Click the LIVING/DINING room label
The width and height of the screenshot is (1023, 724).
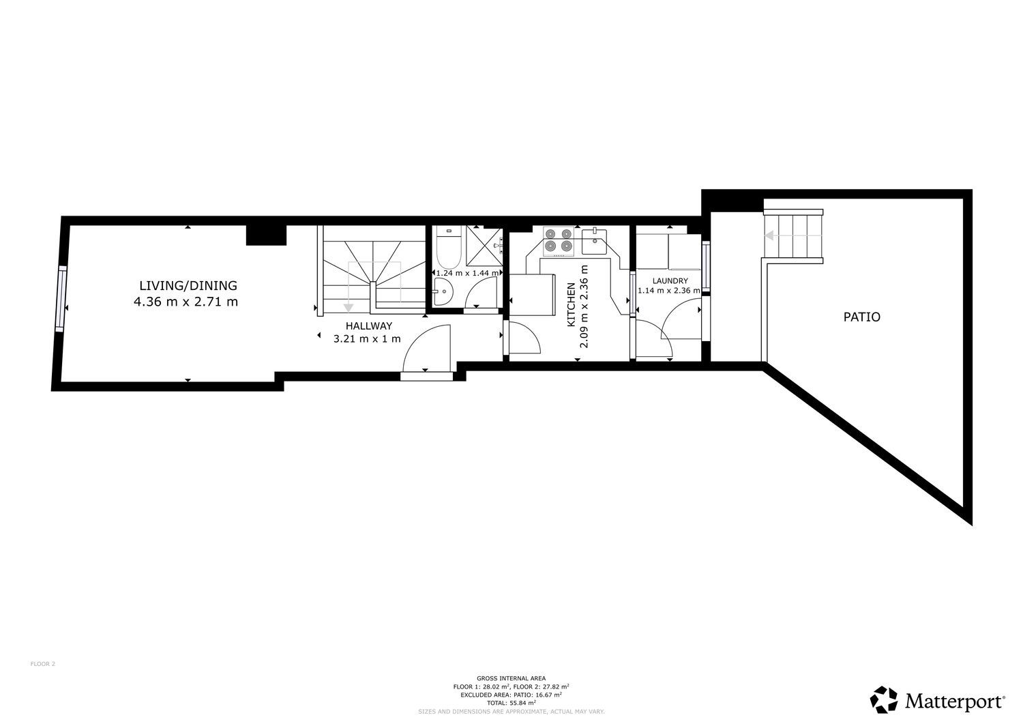click(188, 286)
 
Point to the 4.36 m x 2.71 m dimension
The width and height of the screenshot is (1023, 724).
click(186, 302)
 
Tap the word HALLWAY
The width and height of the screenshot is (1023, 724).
click(368, 326)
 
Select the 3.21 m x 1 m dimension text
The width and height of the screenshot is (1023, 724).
click(367, 339)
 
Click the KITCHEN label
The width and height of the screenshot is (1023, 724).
click(571, 305)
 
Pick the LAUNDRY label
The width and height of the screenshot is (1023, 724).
click(670, 281)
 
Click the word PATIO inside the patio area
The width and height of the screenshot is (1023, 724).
click(862, 317)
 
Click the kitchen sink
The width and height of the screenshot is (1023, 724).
click(594, 242)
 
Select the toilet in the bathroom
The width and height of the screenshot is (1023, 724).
click(448, 247)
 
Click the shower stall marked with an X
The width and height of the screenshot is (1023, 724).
click(484, 246)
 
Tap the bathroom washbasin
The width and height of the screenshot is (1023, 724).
click(443, 291)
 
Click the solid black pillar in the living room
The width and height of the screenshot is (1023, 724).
click(266, 235)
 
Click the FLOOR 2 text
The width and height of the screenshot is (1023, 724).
click(43, 664)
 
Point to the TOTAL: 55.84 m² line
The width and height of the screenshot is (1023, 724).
click(511, 703)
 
